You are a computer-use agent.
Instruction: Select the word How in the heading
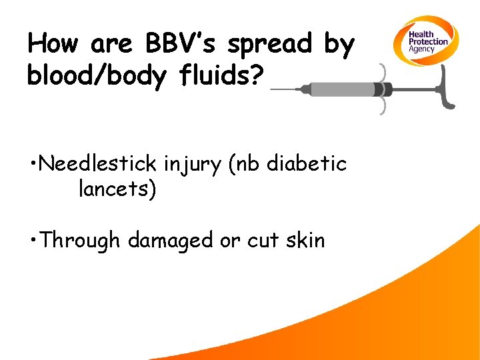coord(53,44)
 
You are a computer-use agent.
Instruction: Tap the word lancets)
coord(117,189)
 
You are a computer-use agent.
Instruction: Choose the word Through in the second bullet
coord(80,240)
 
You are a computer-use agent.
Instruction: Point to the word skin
coord(303,239)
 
